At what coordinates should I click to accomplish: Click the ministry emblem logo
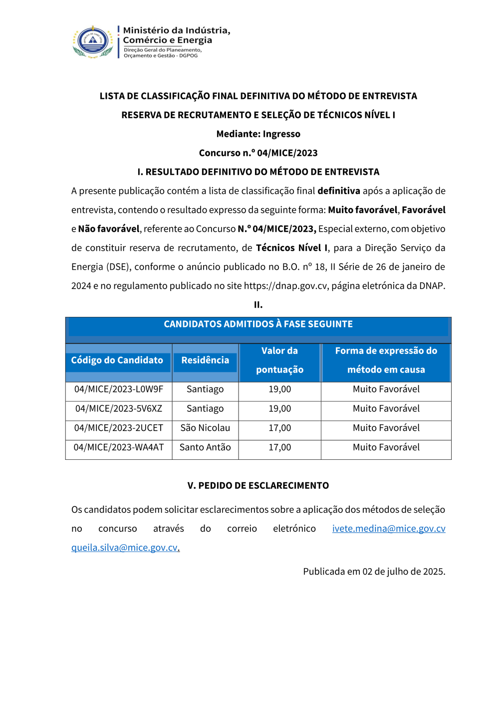(93, 42)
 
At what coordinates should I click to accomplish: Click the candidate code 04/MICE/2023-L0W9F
(119, 389)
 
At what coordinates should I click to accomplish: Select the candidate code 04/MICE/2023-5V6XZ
(119, 409)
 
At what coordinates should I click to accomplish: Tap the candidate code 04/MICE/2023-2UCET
(119, 428)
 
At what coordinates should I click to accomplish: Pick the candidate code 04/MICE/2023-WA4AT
(119, 448)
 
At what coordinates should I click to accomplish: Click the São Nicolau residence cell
(205, 428)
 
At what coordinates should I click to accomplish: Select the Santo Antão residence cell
(205, 448)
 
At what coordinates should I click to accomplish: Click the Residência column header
(205, 360)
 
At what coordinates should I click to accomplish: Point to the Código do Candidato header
(117, 360)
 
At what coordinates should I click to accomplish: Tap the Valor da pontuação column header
(279, 360)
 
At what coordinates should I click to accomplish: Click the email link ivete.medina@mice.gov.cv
(389, 529)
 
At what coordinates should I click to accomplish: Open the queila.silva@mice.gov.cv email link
(125, 548)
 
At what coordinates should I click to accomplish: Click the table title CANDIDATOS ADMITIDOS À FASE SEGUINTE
(258, 325)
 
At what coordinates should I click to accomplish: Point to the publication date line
(374, 572)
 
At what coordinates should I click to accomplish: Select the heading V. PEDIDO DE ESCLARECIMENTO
(258, 486)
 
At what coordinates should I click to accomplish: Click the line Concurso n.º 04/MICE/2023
(258, 153)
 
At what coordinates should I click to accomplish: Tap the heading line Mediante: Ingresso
(258, 134)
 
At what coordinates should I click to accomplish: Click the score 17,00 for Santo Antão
(279, 448)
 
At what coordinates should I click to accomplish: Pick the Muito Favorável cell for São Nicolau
(386, 428)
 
